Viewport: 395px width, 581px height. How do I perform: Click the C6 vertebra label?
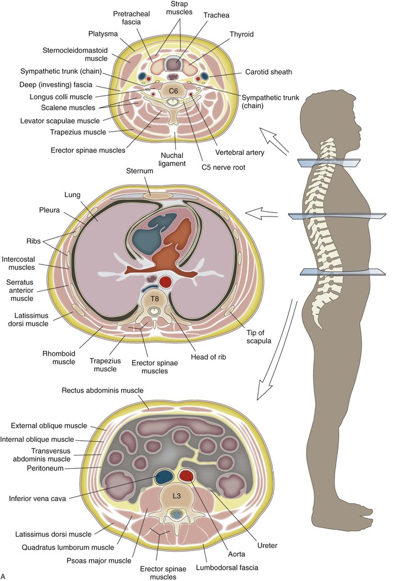pyautogui.click(x=173, y=90)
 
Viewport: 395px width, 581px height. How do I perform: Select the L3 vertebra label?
pyautogui.click(x=177, y=495)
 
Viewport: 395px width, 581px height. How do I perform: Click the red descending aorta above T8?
pyautogui.click(x=165, y=282)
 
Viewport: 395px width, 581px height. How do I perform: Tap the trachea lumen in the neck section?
pyautogui.click(x=173, y=65)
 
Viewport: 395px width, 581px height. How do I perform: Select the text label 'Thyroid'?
pyautogui.click(x=242, y=34)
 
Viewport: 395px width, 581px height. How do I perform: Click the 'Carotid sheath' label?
pyautogui.click(x=269, y=72)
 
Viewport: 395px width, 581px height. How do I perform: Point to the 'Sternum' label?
pyautogui.click(x=139, y=171)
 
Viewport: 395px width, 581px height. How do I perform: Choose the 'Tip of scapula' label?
pyautogui.click(x=259, y=336)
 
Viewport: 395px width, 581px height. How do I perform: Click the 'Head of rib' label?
pyautogui.click(x=208, y=357)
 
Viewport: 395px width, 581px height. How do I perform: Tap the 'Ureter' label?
pyautogui.click(x=267, y=545)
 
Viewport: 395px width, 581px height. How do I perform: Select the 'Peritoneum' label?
pyautogui.click(x=45, y=468)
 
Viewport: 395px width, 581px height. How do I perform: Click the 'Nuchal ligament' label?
pyautogui.click(x=172, y=159)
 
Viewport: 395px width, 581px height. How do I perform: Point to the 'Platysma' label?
pyautogui.click(x=103, y=33)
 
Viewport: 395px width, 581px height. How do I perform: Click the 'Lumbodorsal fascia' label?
pyautogui.click(x=227, y=568)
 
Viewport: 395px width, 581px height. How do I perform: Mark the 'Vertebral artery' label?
pyautogui.click(x=240, y=152)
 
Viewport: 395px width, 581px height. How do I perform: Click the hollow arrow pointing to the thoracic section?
pyautogui.click(x=262, y=214)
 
